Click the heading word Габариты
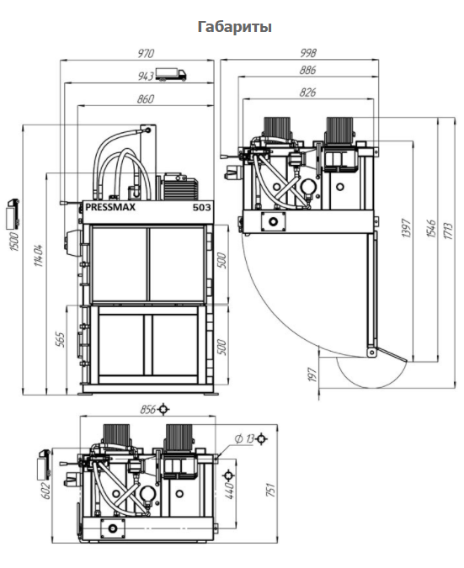coord(235,27)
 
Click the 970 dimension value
coord(146,53)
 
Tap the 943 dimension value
coord(146,76)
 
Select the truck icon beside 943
coord(171,74)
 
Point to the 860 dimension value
coord(146,99)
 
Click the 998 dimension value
coord(307,53)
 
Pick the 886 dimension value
coord(307,70)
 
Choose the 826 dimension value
coord(307,93)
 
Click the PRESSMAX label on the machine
coord(110,207)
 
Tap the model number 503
coord(201,207)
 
